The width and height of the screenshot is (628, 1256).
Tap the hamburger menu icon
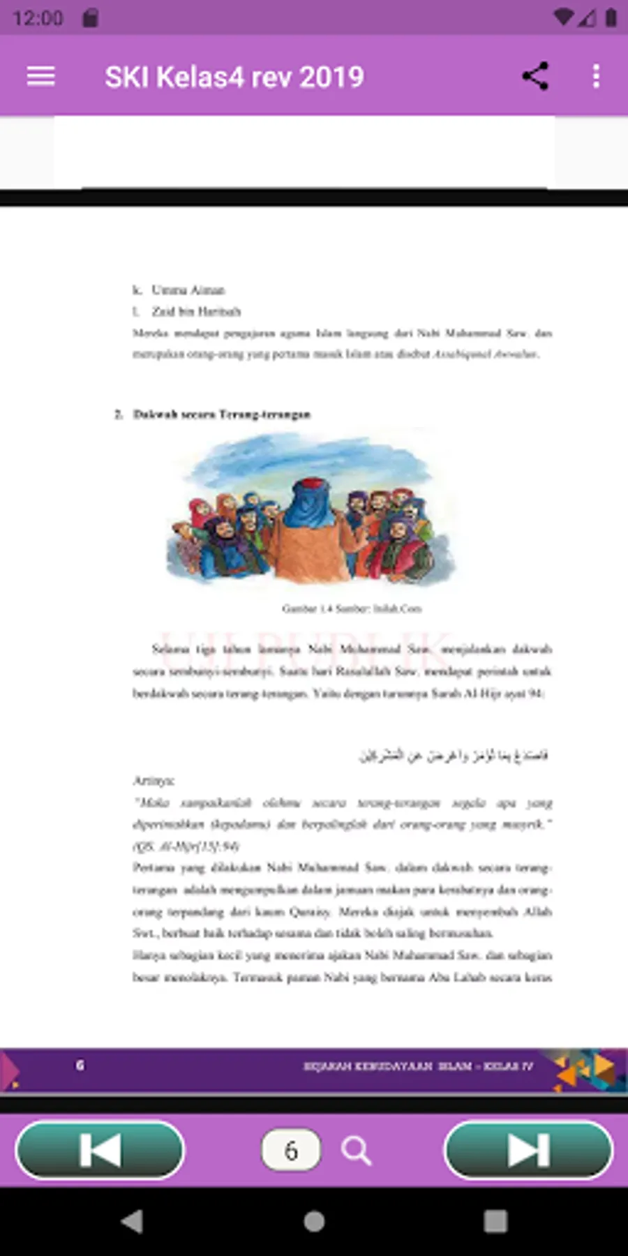pyautogui.click(x=40, y=76)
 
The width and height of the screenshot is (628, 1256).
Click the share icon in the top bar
pyautogui.click(x=535, y=76)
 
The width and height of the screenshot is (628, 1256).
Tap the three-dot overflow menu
pyautogui.click(x=596, y=76)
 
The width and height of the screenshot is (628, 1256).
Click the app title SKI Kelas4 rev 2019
pyautogui.click(x=234, y=77)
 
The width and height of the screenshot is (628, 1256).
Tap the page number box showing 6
pyautogui.click(x=290, y=1150)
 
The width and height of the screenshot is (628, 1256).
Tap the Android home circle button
pyautogui.click(x=314, y=1221)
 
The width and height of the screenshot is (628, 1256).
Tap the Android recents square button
pyautogui.click(x=495, y=1221)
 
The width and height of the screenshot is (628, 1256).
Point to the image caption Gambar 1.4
pyautogui.click(x=352, y=608)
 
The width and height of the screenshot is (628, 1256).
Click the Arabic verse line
pyautogui.click(x=454, y=755)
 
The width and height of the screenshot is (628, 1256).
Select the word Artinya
pyautogui.click(x=154, y=780)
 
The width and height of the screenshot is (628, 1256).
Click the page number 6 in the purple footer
pyautogui.click(x=80, y=1065)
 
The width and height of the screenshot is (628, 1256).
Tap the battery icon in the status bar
pyautogui.click(x=611, y=17)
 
